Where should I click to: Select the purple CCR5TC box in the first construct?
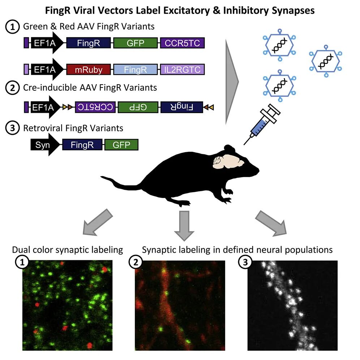[x=183, y=43]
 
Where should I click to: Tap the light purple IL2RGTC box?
[x=183, y=69]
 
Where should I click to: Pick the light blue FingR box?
[x=135, y=69]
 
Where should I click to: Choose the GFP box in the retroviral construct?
[x=121, y=145]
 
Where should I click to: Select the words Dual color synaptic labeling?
[x=67, y=250]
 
